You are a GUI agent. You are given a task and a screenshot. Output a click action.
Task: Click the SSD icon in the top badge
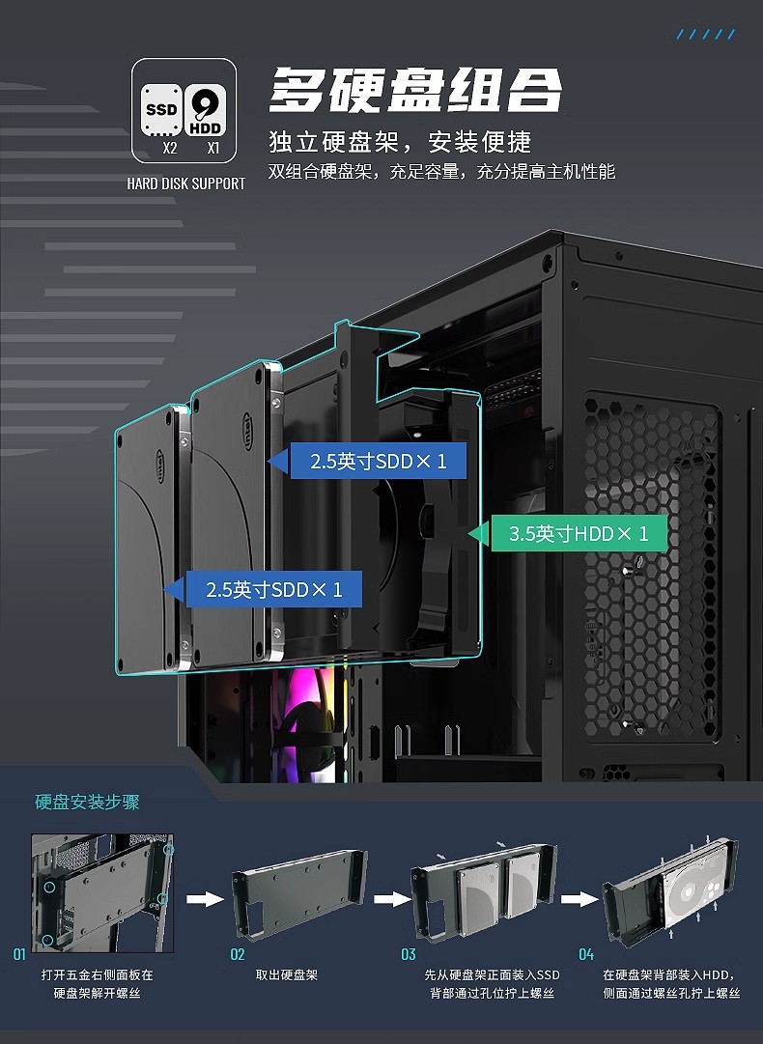pos(161,109)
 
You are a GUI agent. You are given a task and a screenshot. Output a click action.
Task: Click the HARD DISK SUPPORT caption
pos(186,183)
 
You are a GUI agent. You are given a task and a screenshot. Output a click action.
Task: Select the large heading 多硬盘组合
pos(415,91)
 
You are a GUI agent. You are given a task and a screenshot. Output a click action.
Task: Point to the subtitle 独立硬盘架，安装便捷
pos(400,142)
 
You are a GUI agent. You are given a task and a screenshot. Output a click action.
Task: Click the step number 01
pos(19,954)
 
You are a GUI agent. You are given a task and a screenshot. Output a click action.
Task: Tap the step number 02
pos(238,954)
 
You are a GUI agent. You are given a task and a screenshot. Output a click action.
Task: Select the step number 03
pos(409,954)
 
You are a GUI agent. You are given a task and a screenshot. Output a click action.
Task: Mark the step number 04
pos(586,954)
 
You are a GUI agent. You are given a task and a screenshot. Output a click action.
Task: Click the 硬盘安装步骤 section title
pos(88,802)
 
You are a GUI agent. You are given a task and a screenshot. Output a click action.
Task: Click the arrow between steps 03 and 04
pos(578,899)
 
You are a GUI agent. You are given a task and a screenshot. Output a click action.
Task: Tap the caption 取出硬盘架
pos(287,975)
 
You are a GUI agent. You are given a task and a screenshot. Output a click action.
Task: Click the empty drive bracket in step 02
pos(299,889)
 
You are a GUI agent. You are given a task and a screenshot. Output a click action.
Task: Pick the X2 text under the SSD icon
pos(170,150)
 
